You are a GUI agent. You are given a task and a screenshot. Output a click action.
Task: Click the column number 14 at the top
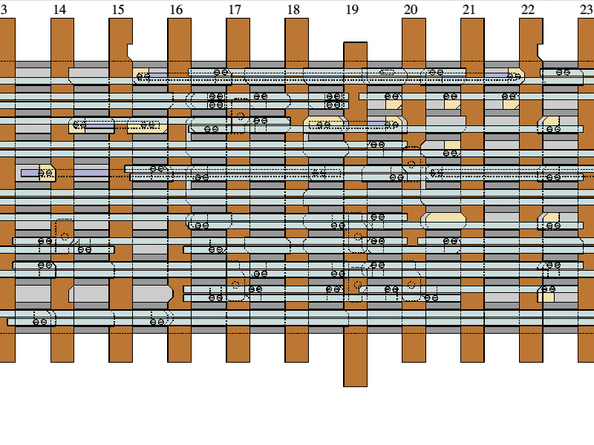[x=59, y=10]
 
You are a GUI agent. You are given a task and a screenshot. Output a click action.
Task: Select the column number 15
[x=118, y=10]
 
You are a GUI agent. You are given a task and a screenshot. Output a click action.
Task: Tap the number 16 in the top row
[x=176, y=10]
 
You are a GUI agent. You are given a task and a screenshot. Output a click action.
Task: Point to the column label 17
[x=235, y=10]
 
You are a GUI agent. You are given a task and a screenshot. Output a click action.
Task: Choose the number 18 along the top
[x=293, y=10]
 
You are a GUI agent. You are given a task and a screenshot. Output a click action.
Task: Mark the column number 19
[x=352, y=10]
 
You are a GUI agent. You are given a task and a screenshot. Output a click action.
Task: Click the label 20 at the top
[x=411, y=10]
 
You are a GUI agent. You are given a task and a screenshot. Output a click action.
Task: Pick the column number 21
[x=469, y=10]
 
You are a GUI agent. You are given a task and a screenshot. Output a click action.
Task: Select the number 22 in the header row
[x=527, y=10]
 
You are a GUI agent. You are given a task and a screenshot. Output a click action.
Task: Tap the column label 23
[x=586, y=10]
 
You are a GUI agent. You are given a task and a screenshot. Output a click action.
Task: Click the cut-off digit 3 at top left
[x=4, y=10]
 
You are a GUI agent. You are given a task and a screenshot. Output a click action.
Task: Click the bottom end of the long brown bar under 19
[x=355, y=384]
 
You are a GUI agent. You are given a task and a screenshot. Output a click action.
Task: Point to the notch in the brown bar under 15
[x=130, y=52]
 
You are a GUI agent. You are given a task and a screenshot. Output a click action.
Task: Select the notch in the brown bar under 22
[x=540, y=52]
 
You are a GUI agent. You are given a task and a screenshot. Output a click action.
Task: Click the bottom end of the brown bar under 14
[x=62, y=360]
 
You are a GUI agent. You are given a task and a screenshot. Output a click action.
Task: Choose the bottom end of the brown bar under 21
[x=472, y=360]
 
